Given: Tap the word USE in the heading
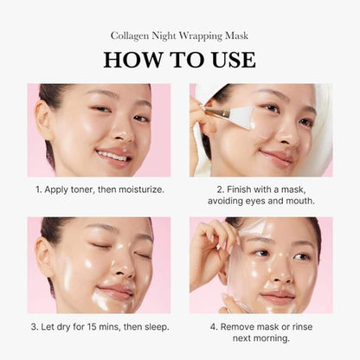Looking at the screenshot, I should tap(228, 60).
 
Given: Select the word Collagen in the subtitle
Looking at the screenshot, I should tap(131, 35).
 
